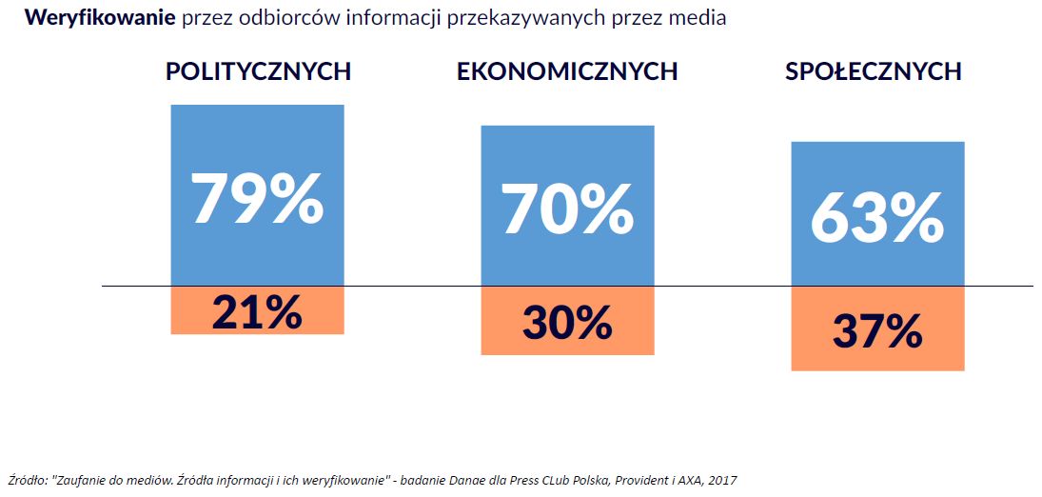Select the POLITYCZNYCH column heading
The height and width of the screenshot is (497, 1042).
pyautogui.click(x=258, y=71)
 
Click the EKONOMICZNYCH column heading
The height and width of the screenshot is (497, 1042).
pyautogui.click(x=567, y=71)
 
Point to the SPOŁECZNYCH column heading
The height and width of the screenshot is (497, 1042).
pyautogui.click(x=873, y=71)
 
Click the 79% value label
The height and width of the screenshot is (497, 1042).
pyautogui.click(x=257, y=197)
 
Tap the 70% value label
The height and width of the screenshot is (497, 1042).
pyautogui.click(x=567, y=208)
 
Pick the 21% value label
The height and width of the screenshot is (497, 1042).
pyautogui.click(x=257, y=311)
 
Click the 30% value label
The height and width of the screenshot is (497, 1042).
pyautogui.click(x=567, y=323)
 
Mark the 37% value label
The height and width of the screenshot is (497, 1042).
pyautogui.click(x=876, y=330)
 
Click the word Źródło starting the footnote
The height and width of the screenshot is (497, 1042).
pyautogui.click(x=25, y=480)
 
